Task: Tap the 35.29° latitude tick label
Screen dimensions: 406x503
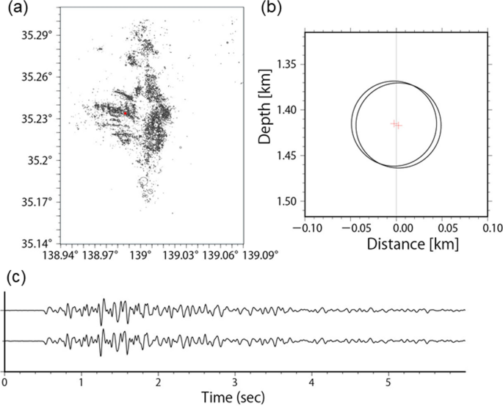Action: coord(40,35)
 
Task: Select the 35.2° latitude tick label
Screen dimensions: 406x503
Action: coord(43,159)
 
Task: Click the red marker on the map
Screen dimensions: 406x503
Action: coord(126,113)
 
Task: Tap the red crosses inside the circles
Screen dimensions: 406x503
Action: coord(397,125)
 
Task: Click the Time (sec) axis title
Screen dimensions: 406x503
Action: coord(235,398)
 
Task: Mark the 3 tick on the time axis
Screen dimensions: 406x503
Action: coord(235,382)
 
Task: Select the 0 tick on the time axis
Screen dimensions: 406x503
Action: coord(5,382)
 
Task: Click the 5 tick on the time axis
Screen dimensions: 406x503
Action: coord(388,382)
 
